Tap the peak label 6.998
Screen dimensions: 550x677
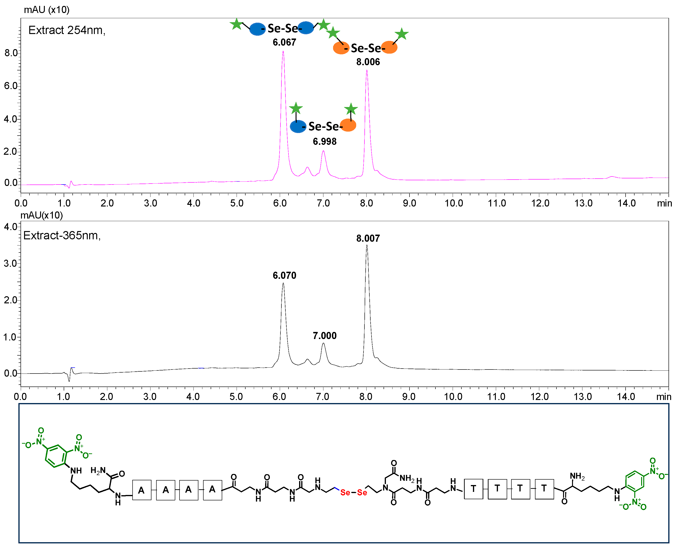tap(325, 141)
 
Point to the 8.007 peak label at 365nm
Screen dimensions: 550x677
tap(368, 238)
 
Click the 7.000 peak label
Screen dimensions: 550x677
tap(325, 335)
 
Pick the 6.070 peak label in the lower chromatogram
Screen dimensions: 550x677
tap(284, 275)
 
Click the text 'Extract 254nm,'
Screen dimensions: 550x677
tap(67, 30)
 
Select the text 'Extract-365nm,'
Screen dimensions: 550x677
tap(62, 235)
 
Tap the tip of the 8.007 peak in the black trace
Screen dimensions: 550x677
tap(367, 245)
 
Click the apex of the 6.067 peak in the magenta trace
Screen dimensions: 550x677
tap(283, 51)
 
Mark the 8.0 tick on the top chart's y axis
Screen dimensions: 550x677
tap(11, 53)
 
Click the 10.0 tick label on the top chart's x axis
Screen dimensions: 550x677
tap(454, 203)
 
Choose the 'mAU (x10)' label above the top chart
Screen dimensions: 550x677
tap(46, 10)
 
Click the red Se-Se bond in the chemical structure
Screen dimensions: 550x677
tap(354, 492)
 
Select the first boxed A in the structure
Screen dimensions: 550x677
tap(141, 490)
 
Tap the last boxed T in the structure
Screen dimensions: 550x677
tap(544, 488)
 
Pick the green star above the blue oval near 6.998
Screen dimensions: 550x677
tap(296, 108)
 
